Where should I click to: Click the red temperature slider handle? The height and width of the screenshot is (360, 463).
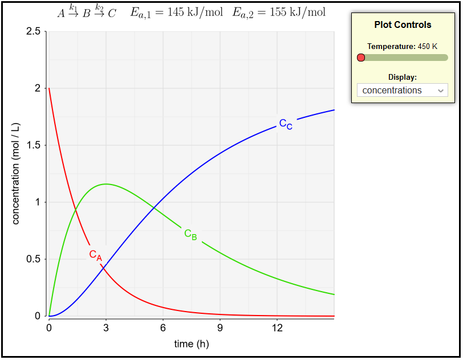pos(360,58)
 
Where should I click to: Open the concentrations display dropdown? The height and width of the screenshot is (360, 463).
pos(402,90)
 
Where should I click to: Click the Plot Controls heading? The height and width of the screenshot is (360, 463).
pos(403,25)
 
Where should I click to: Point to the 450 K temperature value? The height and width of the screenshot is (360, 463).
pos(428,46)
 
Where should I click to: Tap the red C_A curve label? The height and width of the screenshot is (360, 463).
pos(95,255)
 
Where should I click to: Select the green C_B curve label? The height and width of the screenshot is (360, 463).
pos(190,234)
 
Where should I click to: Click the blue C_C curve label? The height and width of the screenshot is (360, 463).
pos(286,124)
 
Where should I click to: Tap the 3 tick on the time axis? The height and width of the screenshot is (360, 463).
pos(106,328)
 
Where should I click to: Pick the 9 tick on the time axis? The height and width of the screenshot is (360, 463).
pos(220,328)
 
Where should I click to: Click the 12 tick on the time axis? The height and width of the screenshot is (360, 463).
pos(277,328)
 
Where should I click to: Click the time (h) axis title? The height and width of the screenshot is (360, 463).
pos(192,343)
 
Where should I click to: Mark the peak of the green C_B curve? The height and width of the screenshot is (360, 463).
pos(106,184)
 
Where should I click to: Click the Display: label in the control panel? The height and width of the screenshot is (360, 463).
pos(403,77)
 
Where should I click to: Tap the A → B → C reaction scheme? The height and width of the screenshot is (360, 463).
pos(86,11)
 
